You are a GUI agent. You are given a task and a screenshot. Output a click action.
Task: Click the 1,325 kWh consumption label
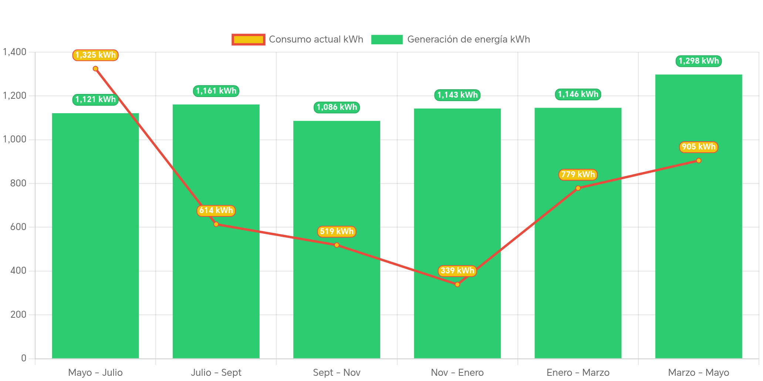tap(95, 55)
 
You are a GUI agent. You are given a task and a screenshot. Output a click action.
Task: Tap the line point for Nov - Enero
tap(458, 284)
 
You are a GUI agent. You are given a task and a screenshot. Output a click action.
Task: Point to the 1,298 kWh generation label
tap(699, 61)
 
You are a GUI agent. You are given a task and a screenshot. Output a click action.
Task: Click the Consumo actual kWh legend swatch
tap(248, 40)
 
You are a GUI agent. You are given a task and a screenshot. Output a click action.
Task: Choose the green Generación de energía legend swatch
tap(386, 40)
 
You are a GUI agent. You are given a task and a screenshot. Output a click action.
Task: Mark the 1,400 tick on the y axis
tap(15, 52)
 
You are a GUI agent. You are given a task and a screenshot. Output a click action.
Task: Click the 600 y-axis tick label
tap(18, 227)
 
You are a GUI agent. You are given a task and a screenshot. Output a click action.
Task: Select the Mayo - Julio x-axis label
tap(95, 372)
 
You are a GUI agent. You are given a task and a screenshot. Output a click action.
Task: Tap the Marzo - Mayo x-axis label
tap(699, 372)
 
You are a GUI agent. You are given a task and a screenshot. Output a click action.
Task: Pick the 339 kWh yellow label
tap(458, 271)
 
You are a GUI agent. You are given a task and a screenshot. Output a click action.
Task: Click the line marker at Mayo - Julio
tap(95, 68)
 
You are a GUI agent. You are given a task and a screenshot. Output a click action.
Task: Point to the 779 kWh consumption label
tap(578, 175)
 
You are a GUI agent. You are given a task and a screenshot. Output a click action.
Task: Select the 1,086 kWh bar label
tap(337, 107)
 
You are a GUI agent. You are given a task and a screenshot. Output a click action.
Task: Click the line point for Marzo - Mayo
tap(699, 161)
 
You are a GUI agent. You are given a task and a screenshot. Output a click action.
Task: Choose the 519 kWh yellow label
tap(337, 232)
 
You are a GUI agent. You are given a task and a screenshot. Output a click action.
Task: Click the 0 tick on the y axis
tap(24, 358)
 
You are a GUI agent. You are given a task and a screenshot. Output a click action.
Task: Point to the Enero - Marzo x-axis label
tap(578, 372)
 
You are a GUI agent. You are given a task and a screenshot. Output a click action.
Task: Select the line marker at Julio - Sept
tap(216, 224)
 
